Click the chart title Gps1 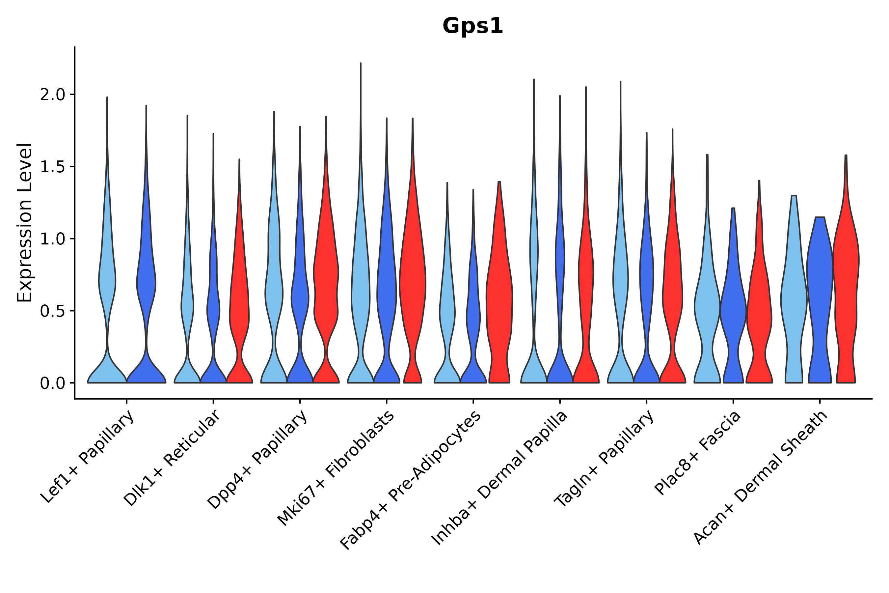click(472, 26)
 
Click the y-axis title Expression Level click(25, 222)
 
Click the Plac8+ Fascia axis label click(698, 453)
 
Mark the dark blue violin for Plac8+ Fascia click(733, 310)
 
